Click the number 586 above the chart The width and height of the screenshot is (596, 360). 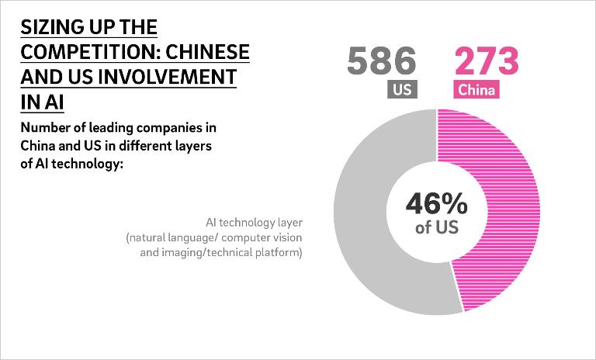pyautogui.click(x=382, y=61)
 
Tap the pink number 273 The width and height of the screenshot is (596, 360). pyautogui.click(x=486, y=61)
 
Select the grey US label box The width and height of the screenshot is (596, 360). pyautogui.click(x=402, y=90)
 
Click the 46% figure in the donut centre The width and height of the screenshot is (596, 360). pyautogui.click(x=436, y=205)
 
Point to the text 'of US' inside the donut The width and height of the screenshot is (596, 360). pyautogui.click(x=436, y=228)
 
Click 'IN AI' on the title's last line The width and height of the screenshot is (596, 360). pyautogui.click(x=43, y=102)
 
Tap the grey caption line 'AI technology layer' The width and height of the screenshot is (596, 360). pyautogui.click(x=253, y=222)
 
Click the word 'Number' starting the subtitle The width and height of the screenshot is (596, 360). pyautogui.click(x=42, y=128)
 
